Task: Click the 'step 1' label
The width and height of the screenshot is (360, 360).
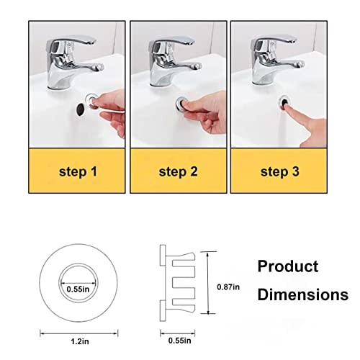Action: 78,172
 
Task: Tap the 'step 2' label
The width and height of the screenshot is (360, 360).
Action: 179,172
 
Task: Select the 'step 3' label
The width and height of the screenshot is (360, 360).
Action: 280,172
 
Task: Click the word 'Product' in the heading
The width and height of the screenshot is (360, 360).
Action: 288,266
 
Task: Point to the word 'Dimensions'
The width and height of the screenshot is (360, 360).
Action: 303,294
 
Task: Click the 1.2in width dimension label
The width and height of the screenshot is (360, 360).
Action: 80,341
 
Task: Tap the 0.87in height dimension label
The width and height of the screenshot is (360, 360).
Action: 228,287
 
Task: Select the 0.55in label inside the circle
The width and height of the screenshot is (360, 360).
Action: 78,289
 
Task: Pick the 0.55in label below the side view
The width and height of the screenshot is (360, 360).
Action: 179,341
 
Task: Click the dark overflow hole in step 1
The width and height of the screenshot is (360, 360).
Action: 80,109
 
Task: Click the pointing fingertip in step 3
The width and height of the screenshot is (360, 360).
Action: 287,106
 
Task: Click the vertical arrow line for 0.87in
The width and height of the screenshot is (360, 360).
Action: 208,282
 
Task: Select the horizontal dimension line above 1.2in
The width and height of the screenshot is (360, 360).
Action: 79,333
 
